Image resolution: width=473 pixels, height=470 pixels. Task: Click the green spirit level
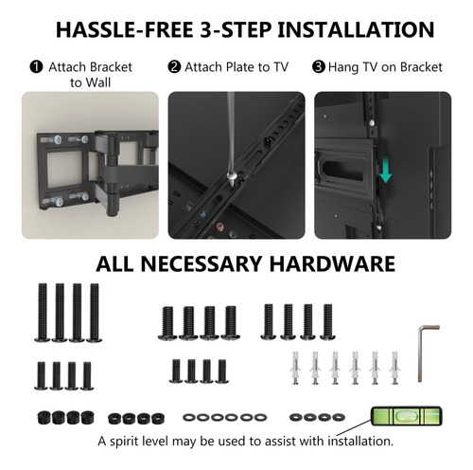tap(406, 416)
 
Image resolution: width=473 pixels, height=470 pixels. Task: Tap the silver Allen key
tap(420, 353)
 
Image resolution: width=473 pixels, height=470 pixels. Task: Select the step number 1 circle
tap(36, 67)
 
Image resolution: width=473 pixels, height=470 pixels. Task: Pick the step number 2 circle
tap(174, 67)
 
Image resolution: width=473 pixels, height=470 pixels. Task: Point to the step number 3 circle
tap(319, 67)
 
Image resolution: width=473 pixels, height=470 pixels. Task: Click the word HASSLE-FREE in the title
tap(124, 30)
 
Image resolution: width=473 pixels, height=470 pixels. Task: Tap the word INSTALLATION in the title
tap(357, 30)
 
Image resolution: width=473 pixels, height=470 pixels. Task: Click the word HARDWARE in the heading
tap(332, 263)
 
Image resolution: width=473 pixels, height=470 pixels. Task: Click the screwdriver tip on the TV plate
tap(232, 184)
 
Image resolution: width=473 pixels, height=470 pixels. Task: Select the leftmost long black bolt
tap(42, 313)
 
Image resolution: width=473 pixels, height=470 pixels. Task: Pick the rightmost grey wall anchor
tap(394, 368)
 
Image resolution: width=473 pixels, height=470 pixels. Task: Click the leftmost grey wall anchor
tap(295, 368)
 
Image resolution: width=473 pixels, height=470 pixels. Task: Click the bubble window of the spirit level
tap(406, 416)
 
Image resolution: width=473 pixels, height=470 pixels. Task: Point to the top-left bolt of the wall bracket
tap(54, 139)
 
